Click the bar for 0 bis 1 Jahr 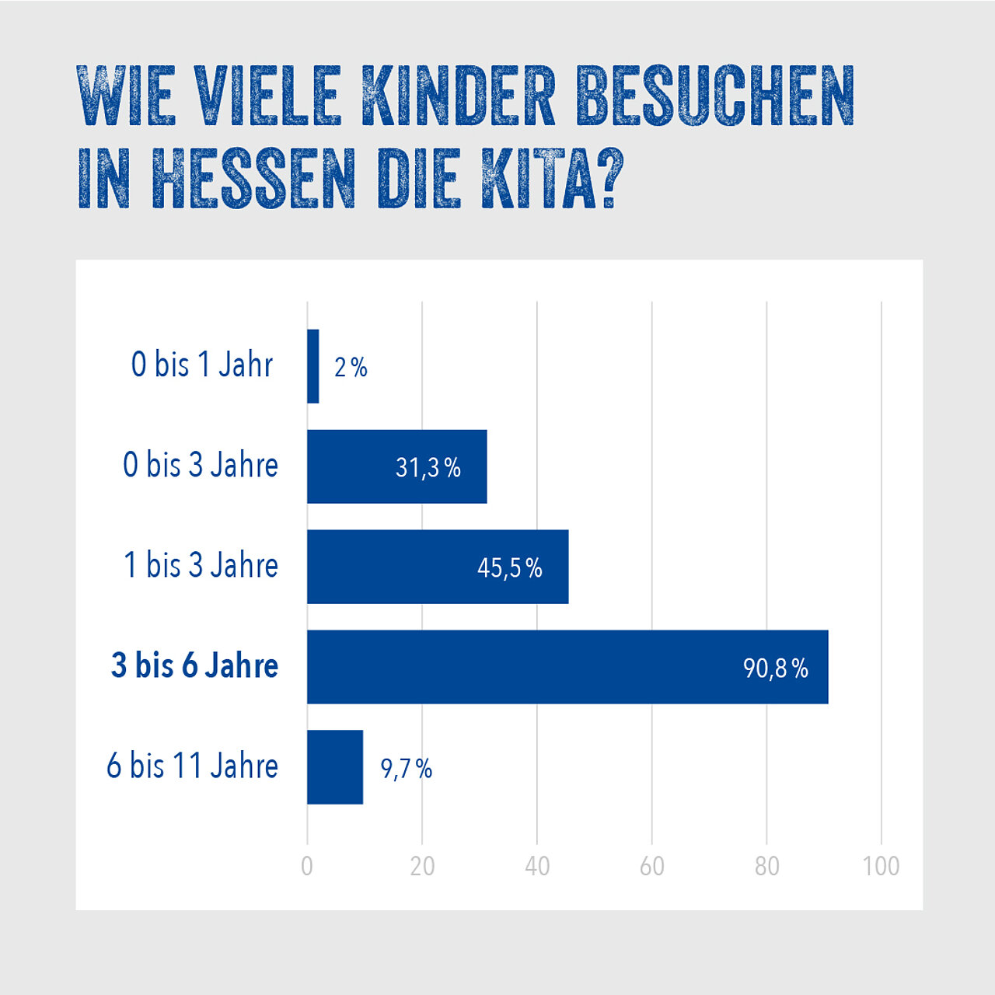tap(313, 366)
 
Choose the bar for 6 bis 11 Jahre tap(335, 767)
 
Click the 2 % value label tap(351, 367)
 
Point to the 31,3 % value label tap(428, 467)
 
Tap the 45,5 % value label tap(510, 568)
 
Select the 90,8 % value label tap(776, 668)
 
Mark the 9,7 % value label tap(407, 769)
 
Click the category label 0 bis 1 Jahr tap(202, 365)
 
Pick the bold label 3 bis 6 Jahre tap(194, 665)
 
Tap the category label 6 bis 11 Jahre tap(192, 766)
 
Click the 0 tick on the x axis tap(307, 866)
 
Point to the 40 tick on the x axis tap(537, 866)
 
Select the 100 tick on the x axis tap(881, 866)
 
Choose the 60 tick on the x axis tap(652, 866)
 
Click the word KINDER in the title tap(459, 96)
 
